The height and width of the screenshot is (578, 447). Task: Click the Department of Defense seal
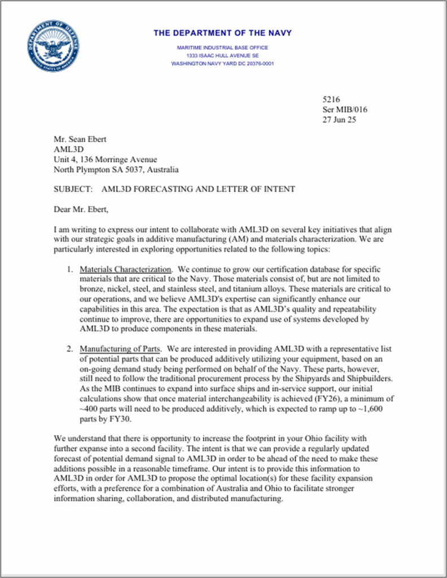pyautogui.click(x=51, y=46)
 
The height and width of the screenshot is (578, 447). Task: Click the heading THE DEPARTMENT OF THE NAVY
pyautogui.click(x=222, y=33)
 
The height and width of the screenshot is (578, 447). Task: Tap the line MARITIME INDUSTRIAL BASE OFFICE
pyautogui.click(x=222, y=47)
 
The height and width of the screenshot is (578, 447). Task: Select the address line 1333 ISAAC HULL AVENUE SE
pyautogui.click(x=222, y=55)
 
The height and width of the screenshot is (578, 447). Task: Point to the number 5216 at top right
pyautogui.click(x=331, y=99)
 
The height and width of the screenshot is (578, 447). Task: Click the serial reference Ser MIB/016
pyautogui.click(x=344, y=110)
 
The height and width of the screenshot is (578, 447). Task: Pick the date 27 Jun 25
pyautogui.click(x=339, y=120)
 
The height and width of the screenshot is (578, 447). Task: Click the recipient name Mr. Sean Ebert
pyautogui.click(x=80, y=139)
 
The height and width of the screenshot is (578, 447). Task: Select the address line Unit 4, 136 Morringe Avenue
pyautogui.click(x=105, y=160)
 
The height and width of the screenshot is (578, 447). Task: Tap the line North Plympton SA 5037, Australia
pyautogui.click(x=116, y=169)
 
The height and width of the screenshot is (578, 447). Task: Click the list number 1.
pyautogui.click(x=69, y=269)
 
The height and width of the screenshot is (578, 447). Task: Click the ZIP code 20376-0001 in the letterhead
pyautogui.click(x=256, y=64)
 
